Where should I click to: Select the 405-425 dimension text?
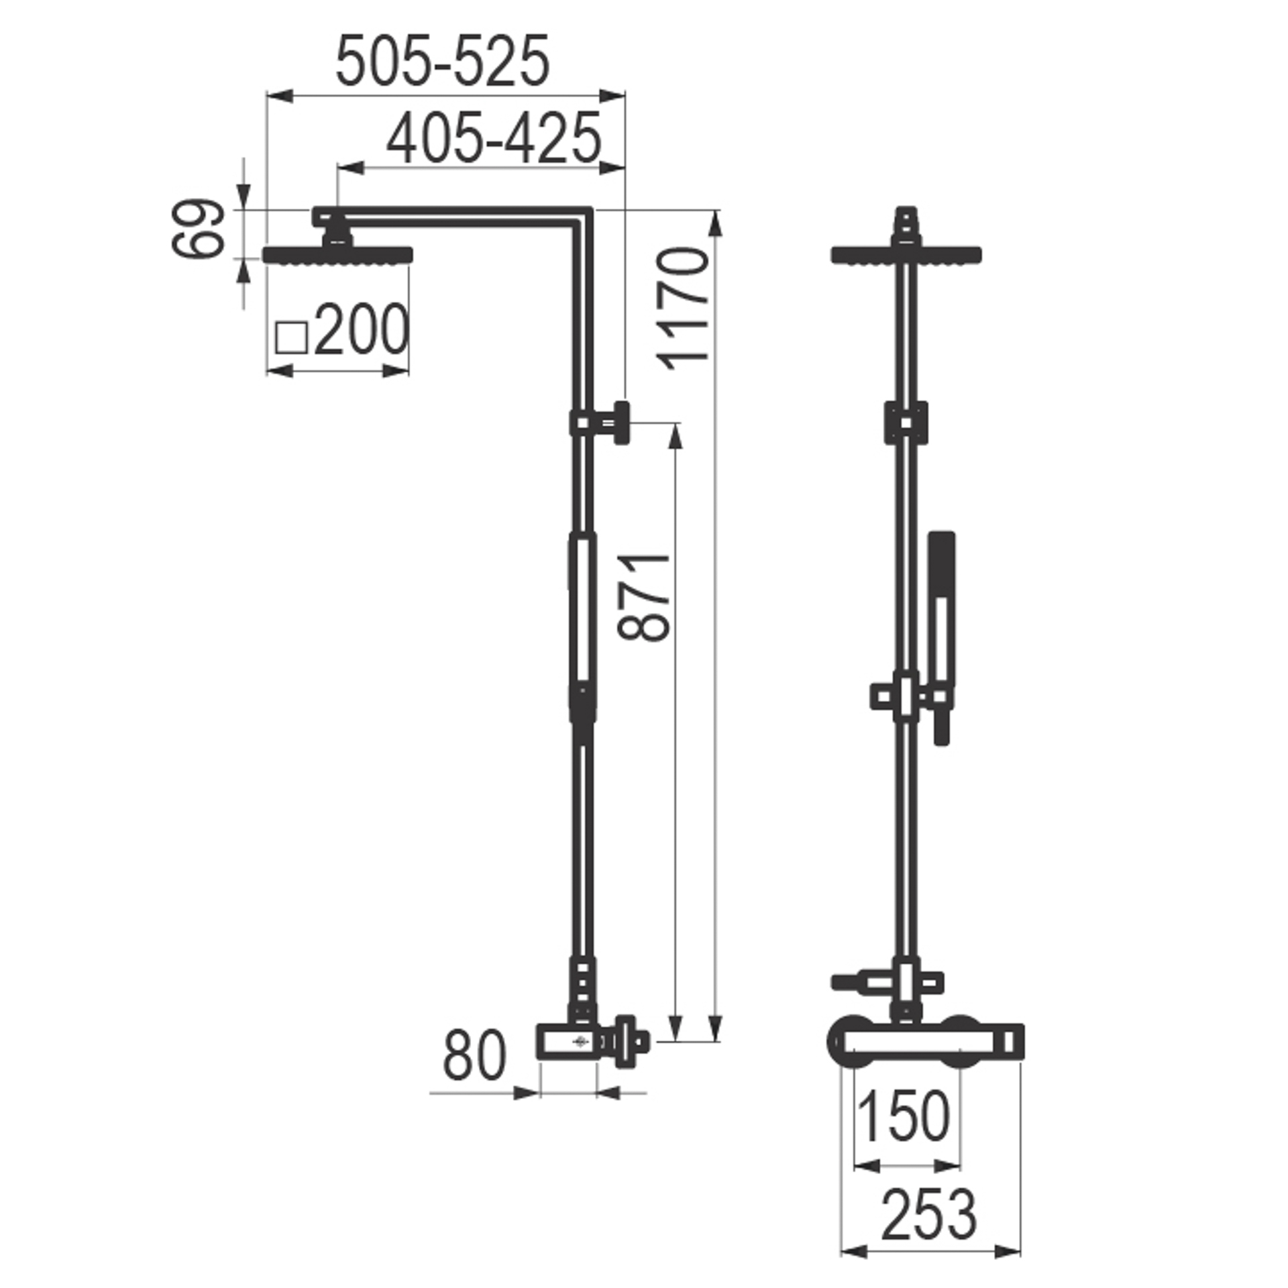[494, 138]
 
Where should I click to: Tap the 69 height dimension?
[197, 228]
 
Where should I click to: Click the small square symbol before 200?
[291, 337]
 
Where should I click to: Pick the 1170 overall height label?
[683, 309]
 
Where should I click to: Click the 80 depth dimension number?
[474, 1056]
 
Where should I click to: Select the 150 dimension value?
[904, 1116]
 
